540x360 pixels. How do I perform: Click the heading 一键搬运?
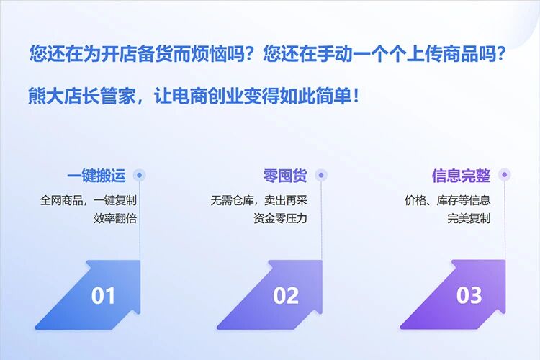click(x=96, y=176)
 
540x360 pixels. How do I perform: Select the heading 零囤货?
click(x=285, y=176)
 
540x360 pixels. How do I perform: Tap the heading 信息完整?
click(x=461, y=176)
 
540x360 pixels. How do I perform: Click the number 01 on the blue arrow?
click(x=104, y=295)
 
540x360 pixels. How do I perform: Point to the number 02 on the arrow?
click(x=286, y=295)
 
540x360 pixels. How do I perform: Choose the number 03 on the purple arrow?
click(x=469, y=295)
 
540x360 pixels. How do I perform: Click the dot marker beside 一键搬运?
click(x=140, y=174)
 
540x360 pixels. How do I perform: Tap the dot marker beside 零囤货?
click(x=321, y=174)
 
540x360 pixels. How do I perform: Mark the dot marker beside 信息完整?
click(x=505, y=174)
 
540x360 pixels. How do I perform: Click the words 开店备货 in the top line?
click(x=140, y=54)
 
